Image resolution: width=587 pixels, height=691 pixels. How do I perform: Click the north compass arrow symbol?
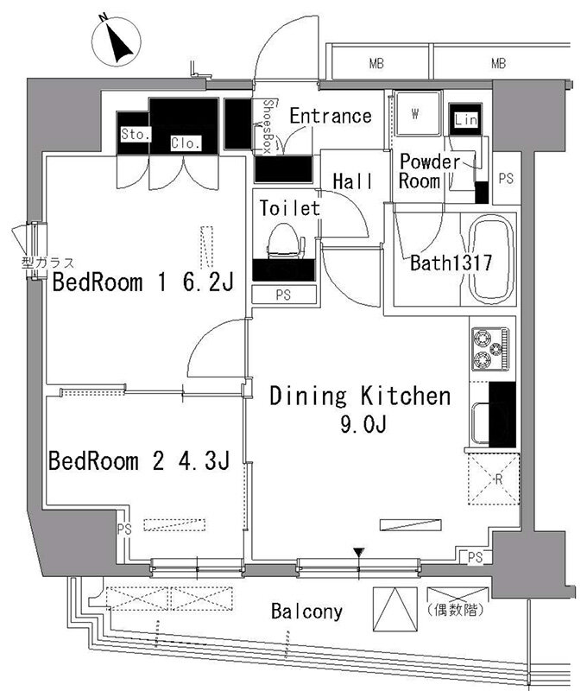point(117,42)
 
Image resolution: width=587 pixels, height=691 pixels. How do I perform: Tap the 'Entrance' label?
point(331,116)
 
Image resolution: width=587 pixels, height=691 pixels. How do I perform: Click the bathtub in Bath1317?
point(491,260)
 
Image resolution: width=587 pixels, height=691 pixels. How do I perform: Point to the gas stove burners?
point(490,349)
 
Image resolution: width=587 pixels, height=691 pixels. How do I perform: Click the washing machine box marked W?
point(417,114)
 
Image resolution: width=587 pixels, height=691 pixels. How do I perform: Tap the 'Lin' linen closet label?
point(465,119)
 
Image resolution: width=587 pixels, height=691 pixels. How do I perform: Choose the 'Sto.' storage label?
point(136,134)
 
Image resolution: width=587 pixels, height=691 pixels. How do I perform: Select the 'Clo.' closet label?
point(186,143)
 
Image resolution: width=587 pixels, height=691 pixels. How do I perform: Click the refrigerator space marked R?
point(494,479)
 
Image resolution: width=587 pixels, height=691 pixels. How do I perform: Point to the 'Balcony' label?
point(306,612)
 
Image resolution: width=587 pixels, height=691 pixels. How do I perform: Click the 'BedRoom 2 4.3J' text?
point(139,461)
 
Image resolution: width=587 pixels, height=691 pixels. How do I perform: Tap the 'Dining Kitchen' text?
point(360,396)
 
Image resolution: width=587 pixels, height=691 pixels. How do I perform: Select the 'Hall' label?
point(353,181)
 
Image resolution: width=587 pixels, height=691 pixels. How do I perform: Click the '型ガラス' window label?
point(48,263)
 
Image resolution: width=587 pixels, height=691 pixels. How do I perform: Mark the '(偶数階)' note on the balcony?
point(456,611)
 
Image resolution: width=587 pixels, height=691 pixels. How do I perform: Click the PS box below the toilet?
point(284,295)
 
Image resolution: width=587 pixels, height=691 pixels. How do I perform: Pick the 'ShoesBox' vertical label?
point(267,126)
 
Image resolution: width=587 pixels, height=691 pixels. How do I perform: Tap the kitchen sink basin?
point(481,422)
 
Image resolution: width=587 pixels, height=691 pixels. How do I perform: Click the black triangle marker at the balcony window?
point(359,552)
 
